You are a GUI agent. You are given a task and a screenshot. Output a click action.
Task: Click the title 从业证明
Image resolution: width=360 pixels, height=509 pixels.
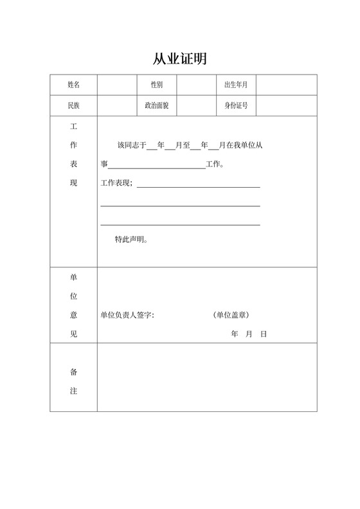coord(179,59)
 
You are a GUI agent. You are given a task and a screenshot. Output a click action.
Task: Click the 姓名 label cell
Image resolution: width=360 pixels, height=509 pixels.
coord(73,85)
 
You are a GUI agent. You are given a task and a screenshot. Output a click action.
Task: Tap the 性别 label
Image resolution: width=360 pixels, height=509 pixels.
coord(156,85)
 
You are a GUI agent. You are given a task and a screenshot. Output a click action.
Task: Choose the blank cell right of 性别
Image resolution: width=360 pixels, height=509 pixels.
coord(196,85)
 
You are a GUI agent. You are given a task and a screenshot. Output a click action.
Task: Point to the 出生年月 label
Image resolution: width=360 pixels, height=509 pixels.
coord(236,85)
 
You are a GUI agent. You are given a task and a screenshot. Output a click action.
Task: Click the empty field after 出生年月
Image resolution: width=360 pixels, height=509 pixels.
coord(287,85)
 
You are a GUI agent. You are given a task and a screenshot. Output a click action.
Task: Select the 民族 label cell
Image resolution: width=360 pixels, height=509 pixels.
coord(73,105)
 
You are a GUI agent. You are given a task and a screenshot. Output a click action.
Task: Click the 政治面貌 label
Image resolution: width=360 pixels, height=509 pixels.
coord(156,105)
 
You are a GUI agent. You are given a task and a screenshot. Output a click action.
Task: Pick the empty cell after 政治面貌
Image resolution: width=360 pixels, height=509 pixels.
coord(196,105)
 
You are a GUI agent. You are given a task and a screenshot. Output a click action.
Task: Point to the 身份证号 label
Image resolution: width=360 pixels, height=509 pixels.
coord(236,105)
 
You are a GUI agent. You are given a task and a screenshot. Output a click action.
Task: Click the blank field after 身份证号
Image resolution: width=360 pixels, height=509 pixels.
coord(287,105)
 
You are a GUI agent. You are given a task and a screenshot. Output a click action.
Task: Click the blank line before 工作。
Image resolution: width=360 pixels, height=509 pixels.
coord(157,165)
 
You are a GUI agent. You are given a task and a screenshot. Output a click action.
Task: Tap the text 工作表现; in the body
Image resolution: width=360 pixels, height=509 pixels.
coord(117,184)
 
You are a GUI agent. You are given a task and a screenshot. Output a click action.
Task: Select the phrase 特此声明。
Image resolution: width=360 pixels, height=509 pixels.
coord(132,240)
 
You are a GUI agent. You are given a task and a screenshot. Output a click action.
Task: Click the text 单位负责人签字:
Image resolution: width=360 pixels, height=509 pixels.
coord(127,316)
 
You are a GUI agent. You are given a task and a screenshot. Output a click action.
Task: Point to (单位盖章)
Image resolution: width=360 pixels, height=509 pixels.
coord(231,316)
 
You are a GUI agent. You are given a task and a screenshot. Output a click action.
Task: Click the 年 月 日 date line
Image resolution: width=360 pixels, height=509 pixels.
coord(248,334)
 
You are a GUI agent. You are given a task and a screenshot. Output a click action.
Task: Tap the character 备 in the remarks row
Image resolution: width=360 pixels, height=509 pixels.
coord(73,372)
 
